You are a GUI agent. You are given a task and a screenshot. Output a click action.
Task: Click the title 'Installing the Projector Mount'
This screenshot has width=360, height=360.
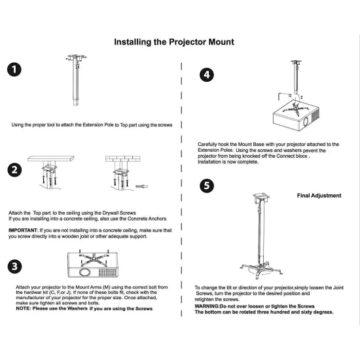(174, 42)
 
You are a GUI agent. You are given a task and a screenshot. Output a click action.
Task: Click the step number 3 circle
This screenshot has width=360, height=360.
(14, 267)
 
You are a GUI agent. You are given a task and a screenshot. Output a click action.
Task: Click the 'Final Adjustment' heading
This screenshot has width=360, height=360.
(319, 195)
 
